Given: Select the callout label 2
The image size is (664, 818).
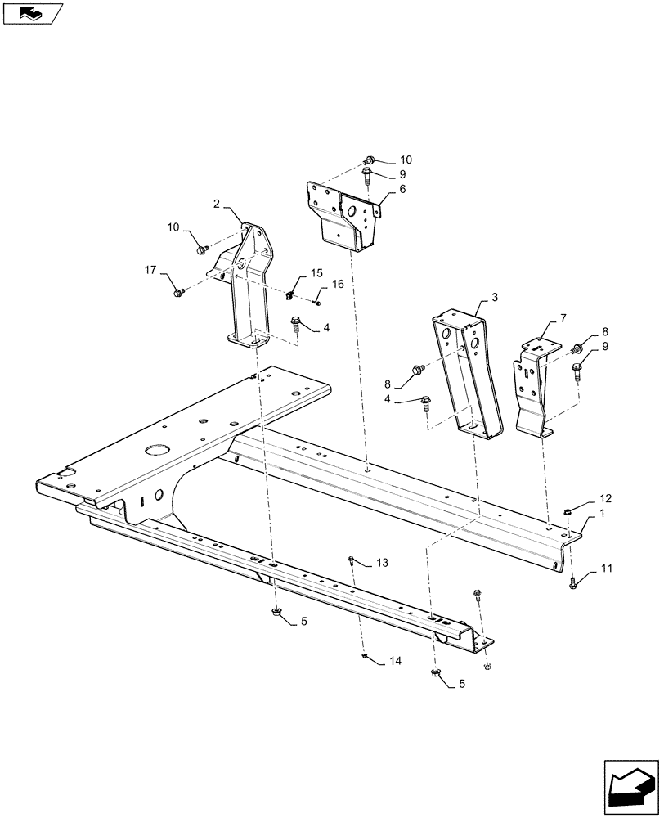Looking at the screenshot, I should point(218,203).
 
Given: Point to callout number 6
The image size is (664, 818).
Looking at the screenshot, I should point(402,189).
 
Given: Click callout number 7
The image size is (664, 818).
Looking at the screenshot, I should point(562,317).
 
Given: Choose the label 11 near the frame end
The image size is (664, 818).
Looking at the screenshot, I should point(607,567).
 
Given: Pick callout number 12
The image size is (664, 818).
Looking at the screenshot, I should point(605,498).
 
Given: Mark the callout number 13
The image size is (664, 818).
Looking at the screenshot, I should point(383,563).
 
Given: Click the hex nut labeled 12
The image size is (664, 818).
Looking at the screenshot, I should point(568,512).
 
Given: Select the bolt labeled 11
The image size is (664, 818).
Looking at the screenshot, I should point(572,582).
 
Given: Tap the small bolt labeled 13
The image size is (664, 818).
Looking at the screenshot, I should point(351,560).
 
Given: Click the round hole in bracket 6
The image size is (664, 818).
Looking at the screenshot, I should point(351,213).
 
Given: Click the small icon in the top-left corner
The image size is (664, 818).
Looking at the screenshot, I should point(31,12).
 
